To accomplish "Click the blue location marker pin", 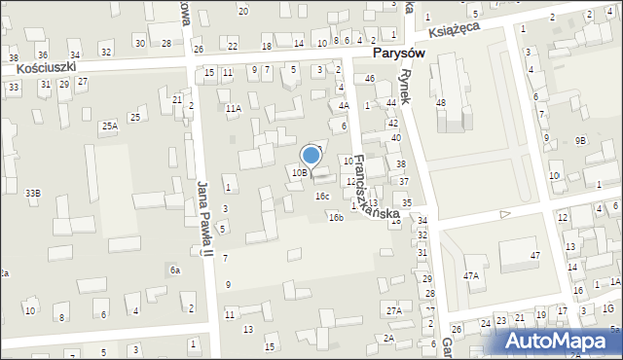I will (311, 156).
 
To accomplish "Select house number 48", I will (441, 102).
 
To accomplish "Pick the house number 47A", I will (471, 276).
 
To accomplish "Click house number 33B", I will (33, 194).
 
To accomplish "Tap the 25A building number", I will (109, 126).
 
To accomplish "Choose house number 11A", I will (234, 109).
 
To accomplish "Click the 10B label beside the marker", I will (299, 172).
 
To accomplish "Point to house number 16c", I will (321, 196).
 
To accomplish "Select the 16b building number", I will (336, 217).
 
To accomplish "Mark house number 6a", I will (175, 270).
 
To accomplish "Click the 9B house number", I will (580, 141).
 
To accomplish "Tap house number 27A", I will (393, 310).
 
